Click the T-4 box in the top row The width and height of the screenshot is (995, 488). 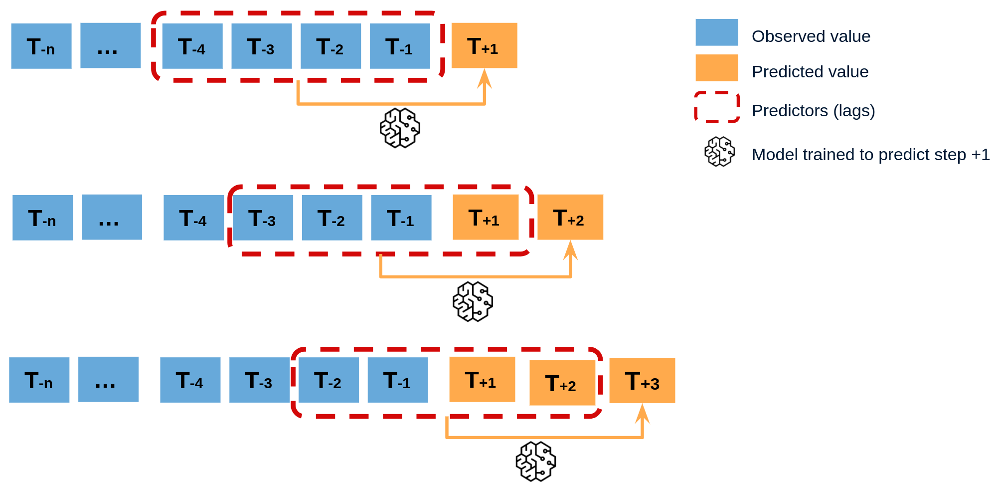coord(192,46)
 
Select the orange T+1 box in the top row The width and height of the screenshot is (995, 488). coord(484,45)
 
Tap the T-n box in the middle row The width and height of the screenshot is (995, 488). coord(42,218)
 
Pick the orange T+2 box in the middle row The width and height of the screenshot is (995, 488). coord(570,217)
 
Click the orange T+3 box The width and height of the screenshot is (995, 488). coord(642,381)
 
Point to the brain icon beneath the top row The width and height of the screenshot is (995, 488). coord(400,128)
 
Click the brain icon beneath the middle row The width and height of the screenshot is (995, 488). coord(473,301)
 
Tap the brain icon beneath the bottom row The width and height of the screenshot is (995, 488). coord(536,461)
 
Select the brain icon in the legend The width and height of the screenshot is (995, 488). coord(719,152)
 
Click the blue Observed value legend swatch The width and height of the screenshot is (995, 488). coord(717,32)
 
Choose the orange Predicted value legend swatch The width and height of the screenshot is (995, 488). coord(717,68)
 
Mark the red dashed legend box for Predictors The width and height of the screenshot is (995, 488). coord(717,107)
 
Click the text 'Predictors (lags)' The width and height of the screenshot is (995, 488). coord(813,111)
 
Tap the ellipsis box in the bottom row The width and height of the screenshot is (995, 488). coord(108,379)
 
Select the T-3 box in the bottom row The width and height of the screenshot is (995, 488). coord(259,380)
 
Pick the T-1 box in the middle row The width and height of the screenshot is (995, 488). coord(401,218)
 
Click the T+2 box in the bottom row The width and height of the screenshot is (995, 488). coord(562,383)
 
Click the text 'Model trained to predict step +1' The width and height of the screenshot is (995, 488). coord(870,155)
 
